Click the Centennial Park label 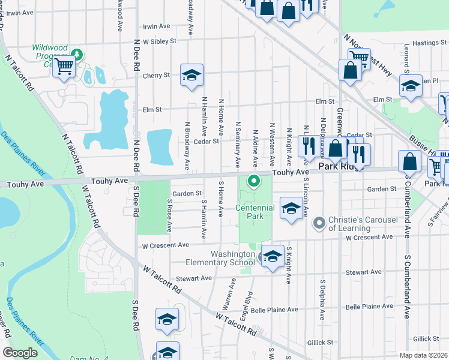pos(255,212)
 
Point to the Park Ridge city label pos(341,166)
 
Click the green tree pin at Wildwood pos(77,55)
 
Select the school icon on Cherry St pos(192,75)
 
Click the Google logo pos(20,353)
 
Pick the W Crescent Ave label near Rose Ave pos(165,245)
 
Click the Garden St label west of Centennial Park pos(187,193)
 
